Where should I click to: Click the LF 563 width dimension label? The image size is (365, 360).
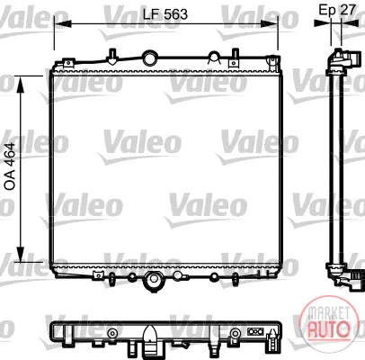(165, 14)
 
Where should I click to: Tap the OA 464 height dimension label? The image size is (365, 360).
(10, 166)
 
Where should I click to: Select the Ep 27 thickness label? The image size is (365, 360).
(337, 10)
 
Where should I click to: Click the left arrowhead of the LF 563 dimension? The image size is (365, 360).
(63, 23)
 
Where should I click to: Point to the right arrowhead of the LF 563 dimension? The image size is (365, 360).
(269, 23)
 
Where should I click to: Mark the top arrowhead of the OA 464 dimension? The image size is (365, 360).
(21, 85)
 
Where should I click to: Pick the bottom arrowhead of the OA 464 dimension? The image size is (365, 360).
(21, 254)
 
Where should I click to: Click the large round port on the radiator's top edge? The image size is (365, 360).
(150, 58)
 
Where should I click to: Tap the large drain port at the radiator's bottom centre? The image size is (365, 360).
(154, 280)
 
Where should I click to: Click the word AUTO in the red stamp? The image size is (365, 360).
(329, 328)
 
